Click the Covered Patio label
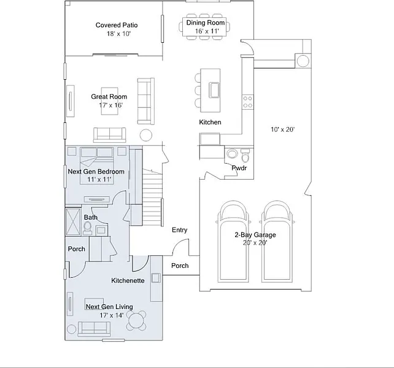pyautogui.click(x=117, y=25)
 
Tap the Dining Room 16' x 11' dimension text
pyautogui.click(x=207, y=31)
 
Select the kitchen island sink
pyautogui.click(x=214, y=90)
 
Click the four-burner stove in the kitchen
pyautogui.click(x=248, y=102)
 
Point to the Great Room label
pyautogui.click(x=109, y=97)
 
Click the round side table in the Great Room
pyautogui.click(x=145, y=135)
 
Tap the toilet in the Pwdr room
pyautogui.click(x=245, y=156)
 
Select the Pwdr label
pyautogui.click(x=239, y=168)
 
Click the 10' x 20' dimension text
pyautogui.click(x=282, y=129)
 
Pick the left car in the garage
pyautogui.click(x=233, y=242)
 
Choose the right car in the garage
pyautogui.click(x=277, y=242)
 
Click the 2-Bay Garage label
pyautogui.click(x=255, y=235)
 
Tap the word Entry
pyautogui.click(x=179, y=230)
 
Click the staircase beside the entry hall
pyautogui.click(x=153, y=197)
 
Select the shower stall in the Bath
pyautogui.click(x=73, y=222)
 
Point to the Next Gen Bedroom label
pyautogui.click(x=96, y=172)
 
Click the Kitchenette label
pyautogui.click(x=128, y=280)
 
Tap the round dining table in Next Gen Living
pyautogui.click(x=136, y=321)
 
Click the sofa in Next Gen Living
pyautogui.click(x=95, y=329)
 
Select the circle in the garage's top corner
pyautogui.click(x=303, y=61)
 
